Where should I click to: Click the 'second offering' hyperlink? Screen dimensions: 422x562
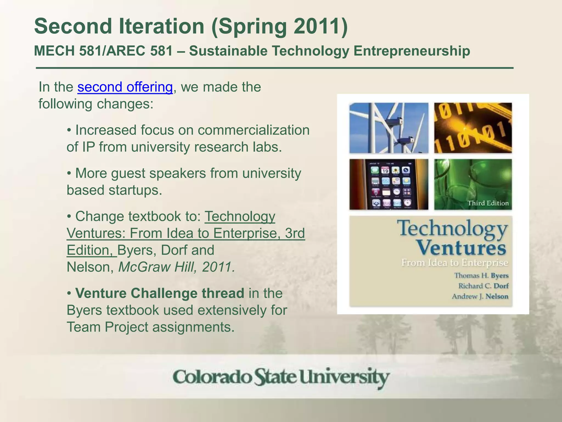[125, 87]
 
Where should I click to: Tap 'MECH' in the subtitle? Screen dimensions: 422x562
[54, 51]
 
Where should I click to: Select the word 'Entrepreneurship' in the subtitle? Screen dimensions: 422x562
[412, 51]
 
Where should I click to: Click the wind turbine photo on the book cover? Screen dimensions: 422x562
[389, 128]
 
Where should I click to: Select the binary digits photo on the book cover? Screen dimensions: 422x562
[473, 128]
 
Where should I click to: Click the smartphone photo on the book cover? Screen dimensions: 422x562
[389, 184]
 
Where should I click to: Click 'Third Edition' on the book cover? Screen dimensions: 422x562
[488, 203]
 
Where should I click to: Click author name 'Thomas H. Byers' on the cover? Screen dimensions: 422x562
[481, 276]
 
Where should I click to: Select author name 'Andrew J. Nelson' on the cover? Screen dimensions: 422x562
[480, 296]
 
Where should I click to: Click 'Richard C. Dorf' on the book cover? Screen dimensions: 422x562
[483, 286]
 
